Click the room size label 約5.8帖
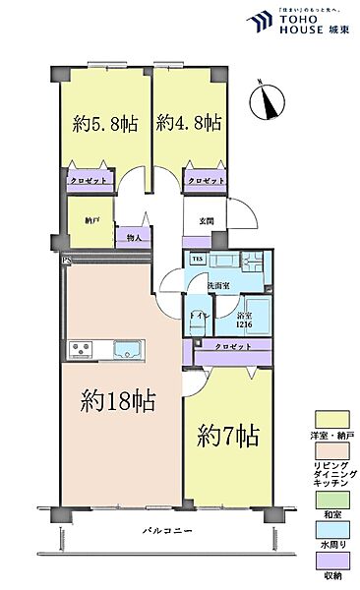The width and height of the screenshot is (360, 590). pos(103,124)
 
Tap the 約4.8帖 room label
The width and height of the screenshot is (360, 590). pos(189,124)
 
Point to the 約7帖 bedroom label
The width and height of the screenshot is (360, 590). pos(227,434)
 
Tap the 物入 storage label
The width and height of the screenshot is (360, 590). pos(133,237)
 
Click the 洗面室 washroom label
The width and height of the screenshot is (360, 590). pos(217,285)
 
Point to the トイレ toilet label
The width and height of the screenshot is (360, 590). pos(197,317)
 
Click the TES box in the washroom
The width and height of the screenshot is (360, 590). pos(197,260)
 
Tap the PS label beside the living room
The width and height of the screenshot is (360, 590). pos(66,261)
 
